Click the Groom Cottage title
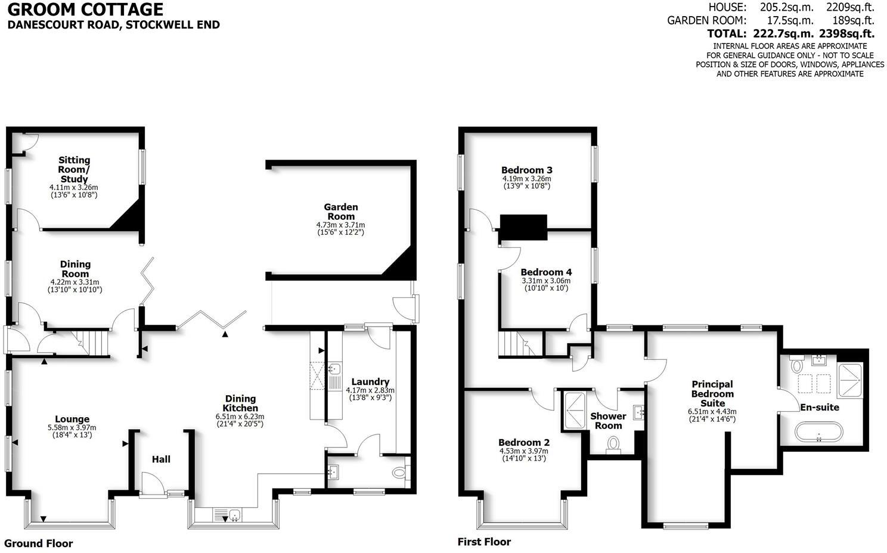point(85,10)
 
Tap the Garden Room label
point(341,212)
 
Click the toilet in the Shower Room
point(613,445)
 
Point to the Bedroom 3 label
point(526,170)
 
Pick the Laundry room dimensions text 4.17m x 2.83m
point(370,390)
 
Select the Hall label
point(161,459)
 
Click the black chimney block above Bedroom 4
point(523,227)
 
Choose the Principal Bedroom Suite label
point(712,393)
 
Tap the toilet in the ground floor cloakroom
point(400,473)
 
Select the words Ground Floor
point(39,543)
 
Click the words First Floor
point(484,542)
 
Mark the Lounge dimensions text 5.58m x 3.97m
point(72,427)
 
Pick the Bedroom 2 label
point(524,442)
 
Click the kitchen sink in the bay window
point(234,514)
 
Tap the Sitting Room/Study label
point(75,169)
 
